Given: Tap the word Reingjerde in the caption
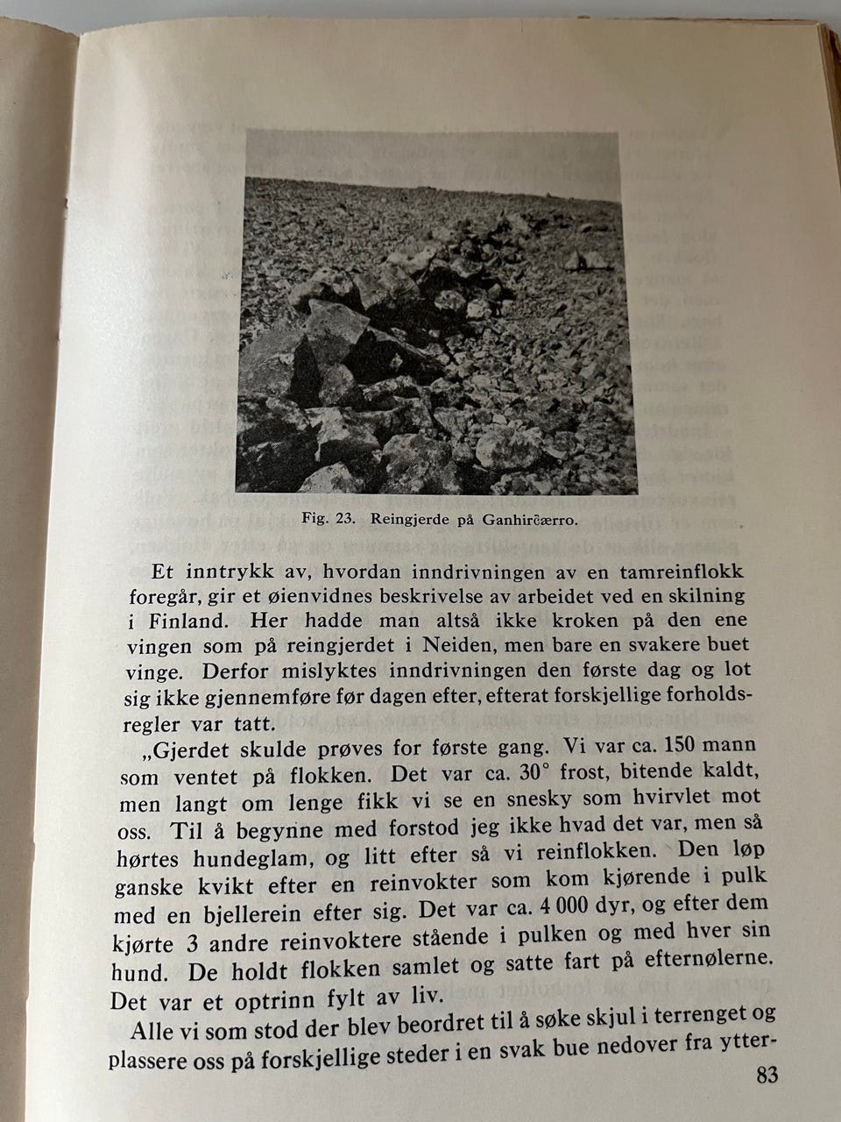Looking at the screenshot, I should click(x=408, y=518).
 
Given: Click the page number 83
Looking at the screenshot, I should click(x=767, y=1076).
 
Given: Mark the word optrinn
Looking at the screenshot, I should click(x=273, y=998).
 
